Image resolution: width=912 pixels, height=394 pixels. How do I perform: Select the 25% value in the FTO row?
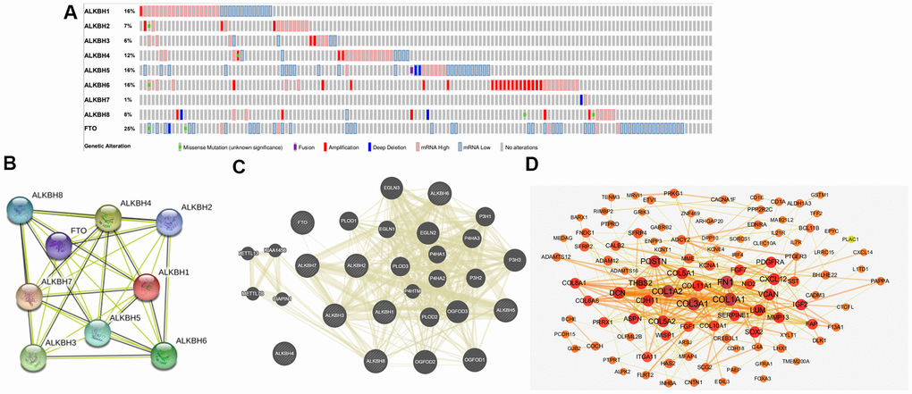pyautogui.click(x=129, y=130)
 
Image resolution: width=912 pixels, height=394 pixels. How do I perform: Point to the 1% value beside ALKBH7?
pyautogui.click(x=128, y=99)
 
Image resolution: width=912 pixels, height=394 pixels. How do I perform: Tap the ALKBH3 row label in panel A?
pyautogui.click(x=97, y=41)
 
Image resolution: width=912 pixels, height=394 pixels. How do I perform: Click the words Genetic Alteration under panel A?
pyautogui.click(x=111, y=146)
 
